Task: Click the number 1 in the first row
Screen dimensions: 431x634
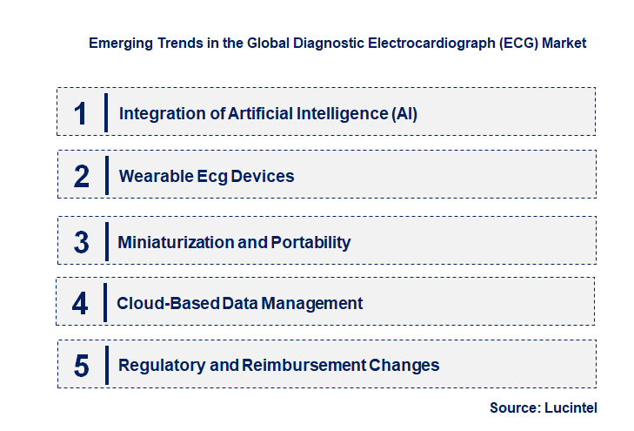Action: coord(81,113)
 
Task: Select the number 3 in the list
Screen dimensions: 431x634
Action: coord(82,242)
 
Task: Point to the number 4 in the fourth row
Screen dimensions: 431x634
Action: coord(81,304)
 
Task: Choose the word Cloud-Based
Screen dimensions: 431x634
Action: coord(157,304)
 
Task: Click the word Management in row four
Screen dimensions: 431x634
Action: coord(319,304)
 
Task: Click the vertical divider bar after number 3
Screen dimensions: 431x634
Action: coord(105,240)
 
